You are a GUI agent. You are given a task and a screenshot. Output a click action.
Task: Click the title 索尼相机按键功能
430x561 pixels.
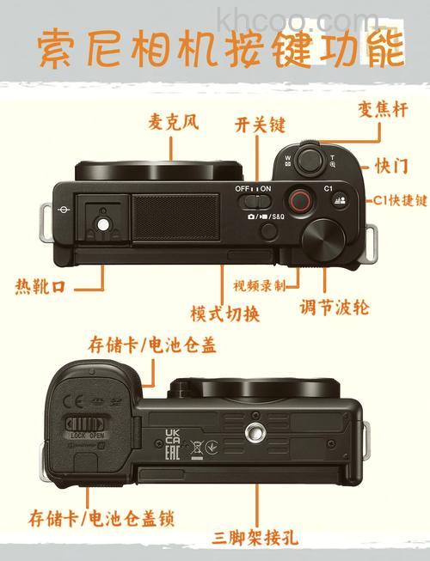coord(220,51)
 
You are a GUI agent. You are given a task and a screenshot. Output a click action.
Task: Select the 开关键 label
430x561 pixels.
coord(260,125)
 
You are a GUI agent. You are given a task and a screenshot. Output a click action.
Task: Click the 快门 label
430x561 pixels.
coord(391,164)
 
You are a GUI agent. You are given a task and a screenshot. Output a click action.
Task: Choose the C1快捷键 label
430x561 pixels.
coord(400,199)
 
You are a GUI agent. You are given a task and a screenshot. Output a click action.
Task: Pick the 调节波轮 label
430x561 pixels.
coord(335,306)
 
